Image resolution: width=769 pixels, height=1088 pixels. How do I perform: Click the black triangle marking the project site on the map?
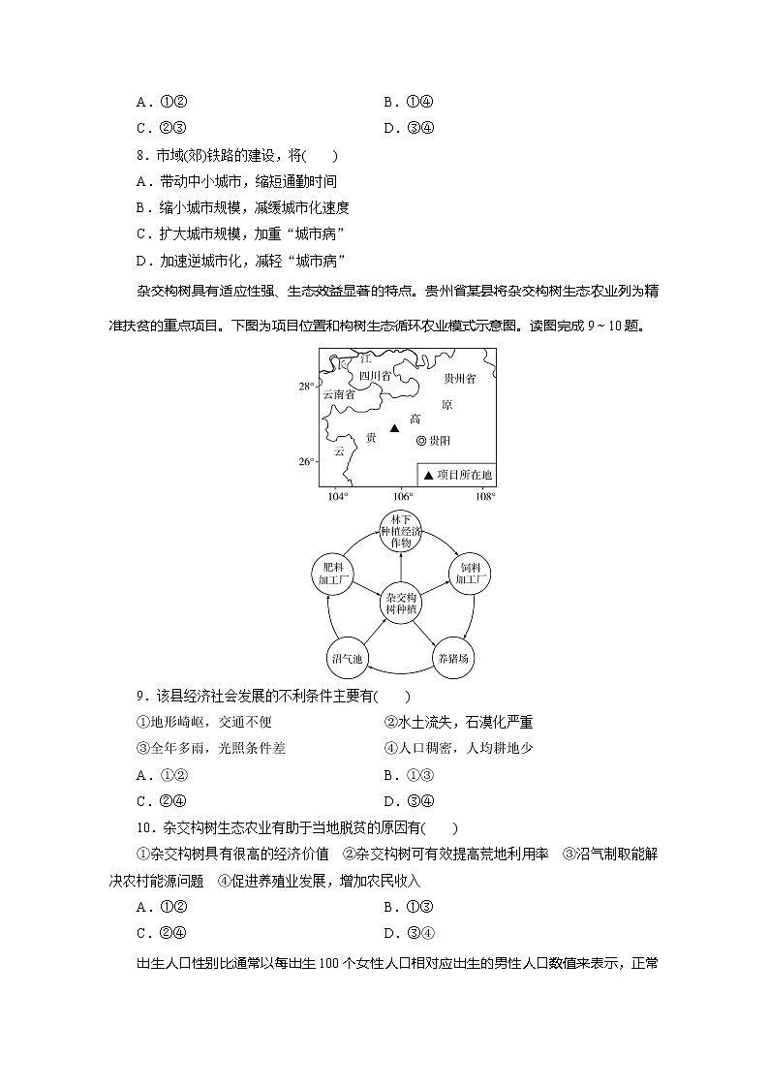tap(393, 428)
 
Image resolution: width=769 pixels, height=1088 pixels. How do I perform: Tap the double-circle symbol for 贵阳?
tap(421, 441)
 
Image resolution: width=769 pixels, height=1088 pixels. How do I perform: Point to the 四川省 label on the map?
tap(374, 375)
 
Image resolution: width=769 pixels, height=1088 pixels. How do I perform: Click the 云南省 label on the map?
tap(338, 394)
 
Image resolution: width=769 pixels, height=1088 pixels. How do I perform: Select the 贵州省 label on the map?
tap(459, 379)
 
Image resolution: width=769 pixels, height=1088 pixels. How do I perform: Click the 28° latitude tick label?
tap(306, 387)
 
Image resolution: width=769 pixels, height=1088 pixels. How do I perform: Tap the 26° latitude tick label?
tap(306, 461)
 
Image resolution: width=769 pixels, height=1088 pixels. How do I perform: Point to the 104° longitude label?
tap(337, 497)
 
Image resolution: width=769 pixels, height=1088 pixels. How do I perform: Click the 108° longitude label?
tap(485, 497)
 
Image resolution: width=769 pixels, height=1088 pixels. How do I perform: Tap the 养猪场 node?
tap(452, 659)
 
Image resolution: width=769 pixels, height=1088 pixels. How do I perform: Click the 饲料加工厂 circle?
tap(470, 574)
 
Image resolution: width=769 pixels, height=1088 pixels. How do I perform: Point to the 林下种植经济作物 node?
tap(401, 535)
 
